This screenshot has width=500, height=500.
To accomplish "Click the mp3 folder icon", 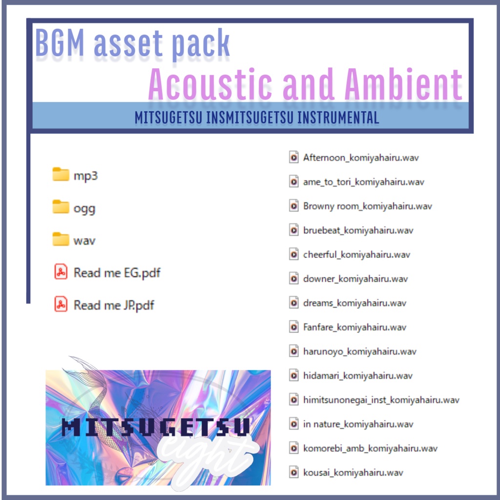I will [x=61, y=175].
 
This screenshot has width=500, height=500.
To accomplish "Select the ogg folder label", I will [x=84, y=208].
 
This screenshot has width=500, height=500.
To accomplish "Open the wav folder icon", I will [x=61, y=240].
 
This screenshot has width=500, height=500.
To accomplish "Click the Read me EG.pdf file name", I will [x=117, y=272].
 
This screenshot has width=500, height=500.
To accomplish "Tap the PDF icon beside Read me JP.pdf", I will [x=61, y=305].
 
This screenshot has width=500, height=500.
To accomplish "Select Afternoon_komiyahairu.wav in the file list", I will [x=361, y=158].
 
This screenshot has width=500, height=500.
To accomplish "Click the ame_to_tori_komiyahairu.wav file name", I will [x=363, y=182].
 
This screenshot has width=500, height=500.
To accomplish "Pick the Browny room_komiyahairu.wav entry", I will [x=367, y=206].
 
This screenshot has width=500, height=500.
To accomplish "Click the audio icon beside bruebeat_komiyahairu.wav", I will [x=294, y=230].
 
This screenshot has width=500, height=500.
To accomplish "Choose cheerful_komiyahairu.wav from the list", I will [x=356, y=254].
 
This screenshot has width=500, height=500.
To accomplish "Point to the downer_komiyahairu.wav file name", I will [x=355, y=279].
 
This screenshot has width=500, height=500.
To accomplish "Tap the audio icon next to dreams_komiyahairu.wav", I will [x=294, y=303].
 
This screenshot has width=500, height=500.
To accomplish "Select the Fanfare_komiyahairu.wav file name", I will [x=355, y=327].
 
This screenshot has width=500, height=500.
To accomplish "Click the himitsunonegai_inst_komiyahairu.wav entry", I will [x=381, y=400].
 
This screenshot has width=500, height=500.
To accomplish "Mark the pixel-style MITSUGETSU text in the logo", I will [x=156, y=428].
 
